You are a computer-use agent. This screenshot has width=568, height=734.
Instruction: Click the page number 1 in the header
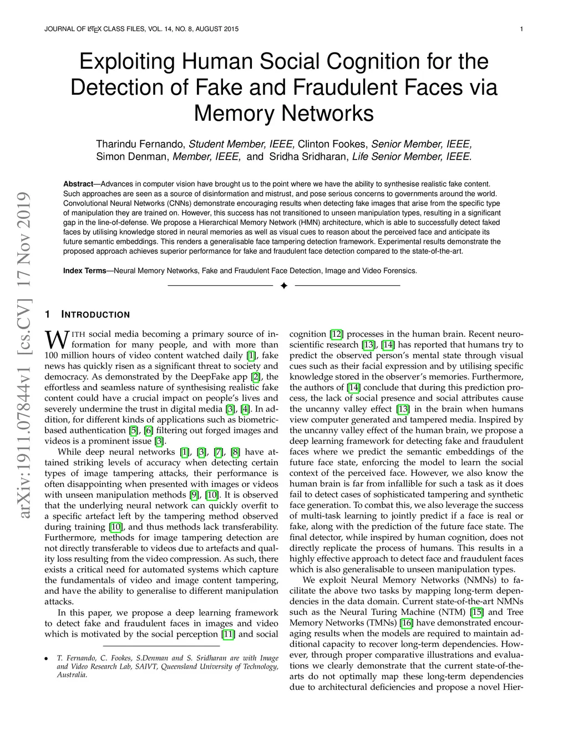click(523, 29)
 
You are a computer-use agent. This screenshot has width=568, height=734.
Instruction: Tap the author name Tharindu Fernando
click(140, 145)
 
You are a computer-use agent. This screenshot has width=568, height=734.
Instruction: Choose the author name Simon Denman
click(132, 157)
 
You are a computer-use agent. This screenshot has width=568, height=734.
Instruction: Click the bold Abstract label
click(78, 184)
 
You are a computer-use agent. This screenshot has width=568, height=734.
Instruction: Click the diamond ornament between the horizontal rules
click(283, 286)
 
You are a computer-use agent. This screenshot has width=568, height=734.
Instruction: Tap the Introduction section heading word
click(95, 315)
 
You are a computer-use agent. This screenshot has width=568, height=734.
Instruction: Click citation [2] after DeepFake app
click(256, 377)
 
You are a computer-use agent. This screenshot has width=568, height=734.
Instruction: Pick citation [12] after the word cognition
click(336, 334)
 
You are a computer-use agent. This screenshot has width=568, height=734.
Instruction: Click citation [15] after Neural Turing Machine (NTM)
click(476, 612)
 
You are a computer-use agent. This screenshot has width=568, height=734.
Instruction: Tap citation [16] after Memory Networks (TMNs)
click(407, 623)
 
